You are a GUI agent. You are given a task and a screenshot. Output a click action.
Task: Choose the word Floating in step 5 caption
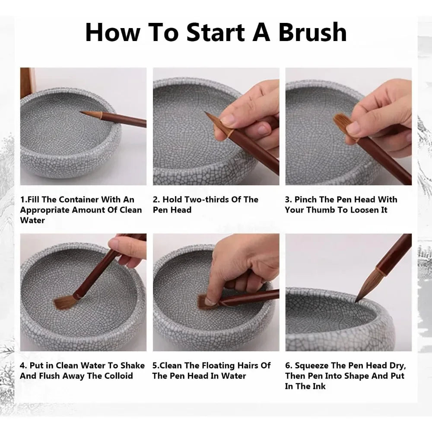(215, 365)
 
